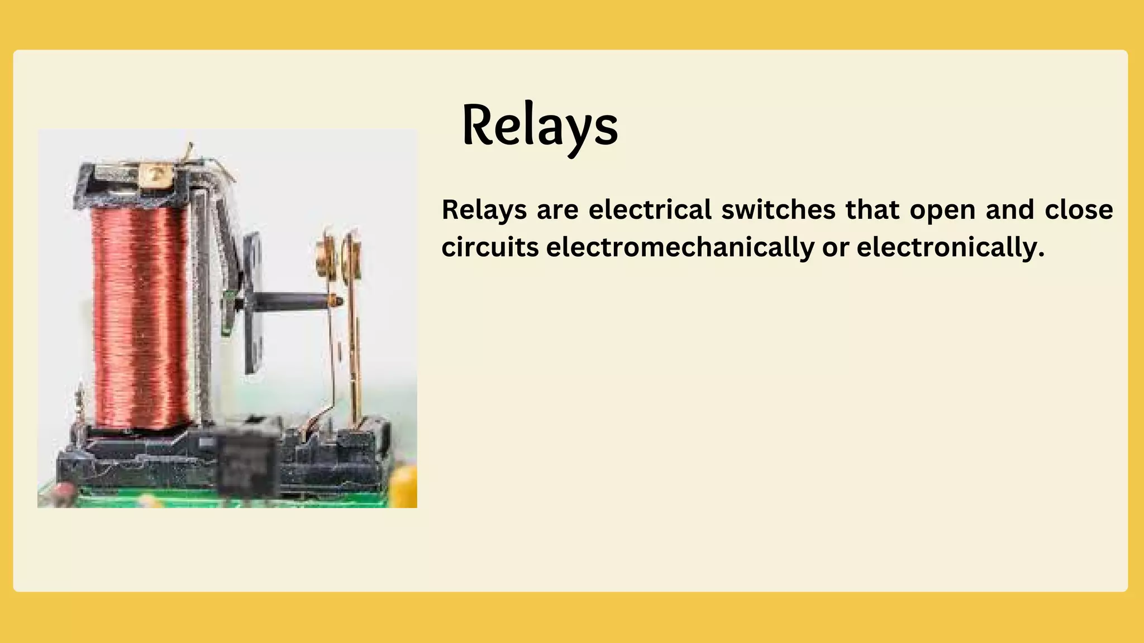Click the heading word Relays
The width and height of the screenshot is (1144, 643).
[540, 126]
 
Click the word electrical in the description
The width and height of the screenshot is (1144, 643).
[650, 210]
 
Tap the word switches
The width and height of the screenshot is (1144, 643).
[778, 210]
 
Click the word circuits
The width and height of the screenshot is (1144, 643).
[489, 247]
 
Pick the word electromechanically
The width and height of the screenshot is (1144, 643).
[680, 248]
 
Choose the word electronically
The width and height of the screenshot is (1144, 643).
[950, 248]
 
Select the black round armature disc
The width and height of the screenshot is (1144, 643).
[252, 301]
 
